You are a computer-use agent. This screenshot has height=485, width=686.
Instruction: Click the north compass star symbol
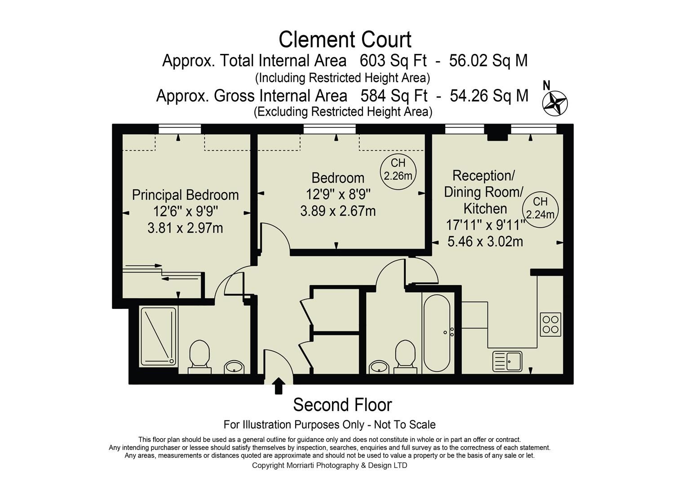(x=555, y=103)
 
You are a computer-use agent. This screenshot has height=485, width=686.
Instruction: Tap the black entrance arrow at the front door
(x=279, y=385)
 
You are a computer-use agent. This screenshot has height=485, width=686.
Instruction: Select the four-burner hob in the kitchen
(x=550, y=324)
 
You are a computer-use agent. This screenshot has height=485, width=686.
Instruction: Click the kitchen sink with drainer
(x=508, y=361)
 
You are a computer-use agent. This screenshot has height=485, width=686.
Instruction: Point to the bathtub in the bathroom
(x=436, y=333)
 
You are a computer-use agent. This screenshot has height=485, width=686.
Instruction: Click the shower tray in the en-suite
(x=159, y=336)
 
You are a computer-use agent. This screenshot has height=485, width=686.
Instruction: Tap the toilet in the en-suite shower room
(x=199, y=356)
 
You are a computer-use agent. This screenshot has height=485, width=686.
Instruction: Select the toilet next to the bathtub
(x=405, y=356)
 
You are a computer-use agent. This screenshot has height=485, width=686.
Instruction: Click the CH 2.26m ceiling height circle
(x=398, y=170)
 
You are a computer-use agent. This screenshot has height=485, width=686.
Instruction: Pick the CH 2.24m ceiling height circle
(x=540, y=208)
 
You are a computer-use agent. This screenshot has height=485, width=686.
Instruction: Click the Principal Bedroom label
(x=185, y=195)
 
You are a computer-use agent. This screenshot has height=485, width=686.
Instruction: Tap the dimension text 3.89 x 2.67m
(x=338, y=211)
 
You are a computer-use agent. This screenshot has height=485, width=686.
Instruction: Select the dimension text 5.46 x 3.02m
(x=485, y=242)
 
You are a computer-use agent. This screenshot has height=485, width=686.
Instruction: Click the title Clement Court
(x=345, y=40)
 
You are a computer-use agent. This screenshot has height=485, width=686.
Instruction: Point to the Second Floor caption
(x=342, y=405)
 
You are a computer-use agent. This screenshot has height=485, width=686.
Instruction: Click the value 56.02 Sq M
(x=488, y=61)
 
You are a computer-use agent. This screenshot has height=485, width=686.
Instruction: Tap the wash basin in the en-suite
(x=234, y=367)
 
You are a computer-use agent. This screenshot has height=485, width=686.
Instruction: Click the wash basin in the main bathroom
(x=379, y=367)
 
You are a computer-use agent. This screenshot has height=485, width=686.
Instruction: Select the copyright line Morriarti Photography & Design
(x=329, y=465)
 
